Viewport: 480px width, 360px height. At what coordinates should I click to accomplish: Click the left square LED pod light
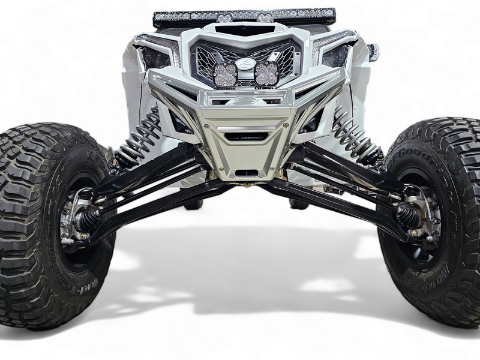[225, 74]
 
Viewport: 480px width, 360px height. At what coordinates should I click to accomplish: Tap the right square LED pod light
[266, 74]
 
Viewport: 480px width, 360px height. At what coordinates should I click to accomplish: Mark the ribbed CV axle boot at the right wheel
[408, 216]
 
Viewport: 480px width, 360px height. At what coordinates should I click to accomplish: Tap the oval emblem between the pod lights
[245, 64]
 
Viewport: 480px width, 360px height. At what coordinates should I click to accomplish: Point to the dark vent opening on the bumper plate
[245, 136]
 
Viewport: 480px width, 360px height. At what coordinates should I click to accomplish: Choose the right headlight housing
[335, 57]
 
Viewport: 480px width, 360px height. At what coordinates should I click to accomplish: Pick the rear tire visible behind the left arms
[193, 203]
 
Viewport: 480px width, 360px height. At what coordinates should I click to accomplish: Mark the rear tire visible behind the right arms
[298, 203]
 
